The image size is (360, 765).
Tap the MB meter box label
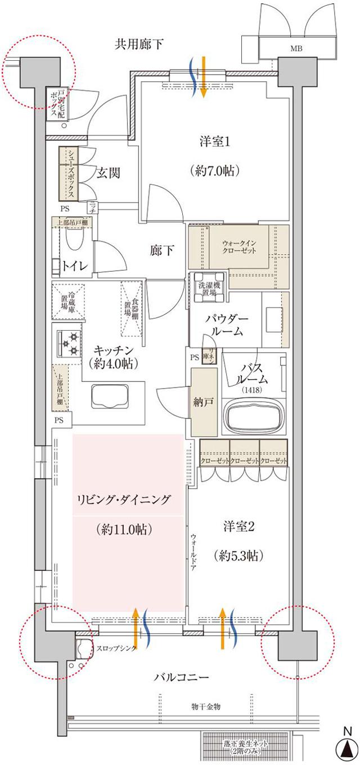click(x=296, y=49)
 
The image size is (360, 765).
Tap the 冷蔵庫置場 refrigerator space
click(x=68, y=301)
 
